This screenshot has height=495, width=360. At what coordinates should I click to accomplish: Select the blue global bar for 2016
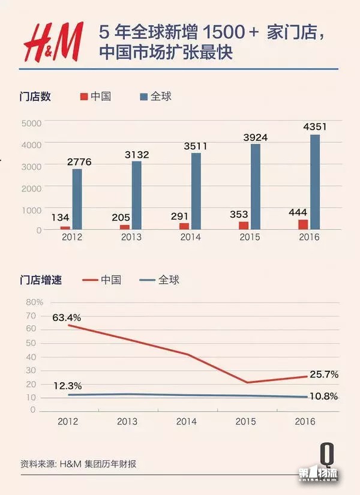click(x=314, y=182)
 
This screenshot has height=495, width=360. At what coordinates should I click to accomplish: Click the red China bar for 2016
click(x=303, y=224)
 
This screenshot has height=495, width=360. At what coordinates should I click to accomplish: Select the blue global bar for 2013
click(x=137, y=195)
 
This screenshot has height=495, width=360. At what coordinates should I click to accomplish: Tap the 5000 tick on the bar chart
click(x=31, y=122)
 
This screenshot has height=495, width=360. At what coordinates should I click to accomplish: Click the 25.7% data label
click(x=324, y=374)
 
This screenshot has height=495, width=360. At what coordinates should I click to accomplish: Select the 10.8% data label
click(x=324, y=397)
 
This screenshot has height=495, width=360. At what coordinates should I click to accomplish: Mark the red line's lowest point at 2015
click(x=247, y=382)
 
